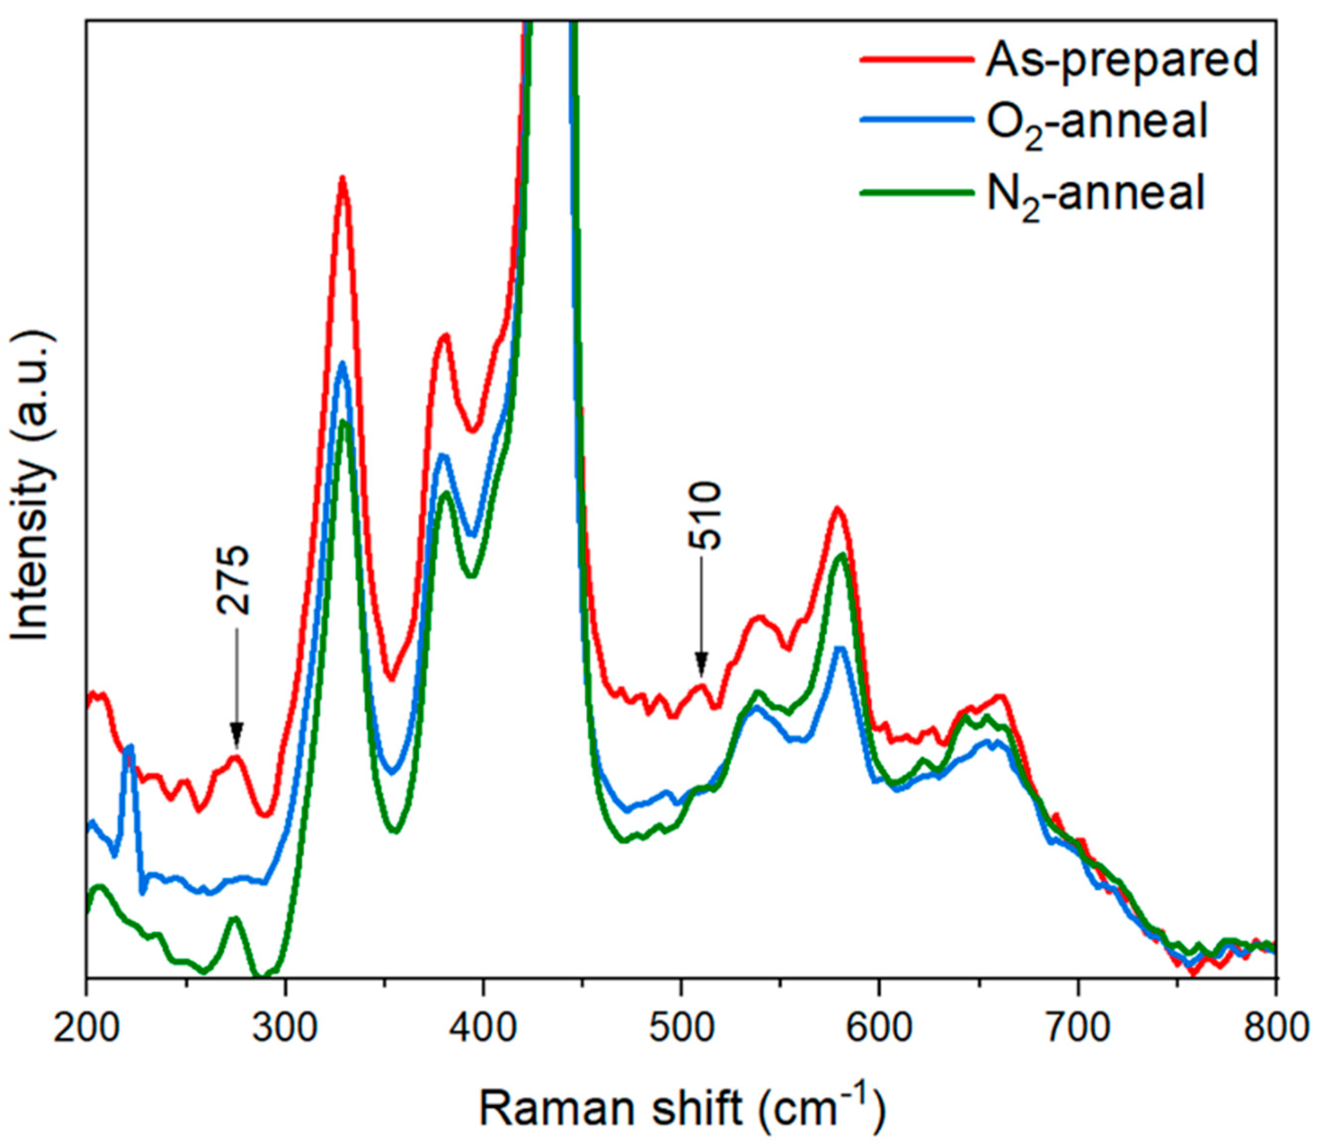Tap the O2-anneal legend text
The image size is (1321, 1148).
point(1097,122)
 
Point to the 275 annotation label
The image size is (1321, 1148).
point(232,580)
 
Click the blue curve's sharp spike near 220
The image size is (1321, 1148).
point(131,748)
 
